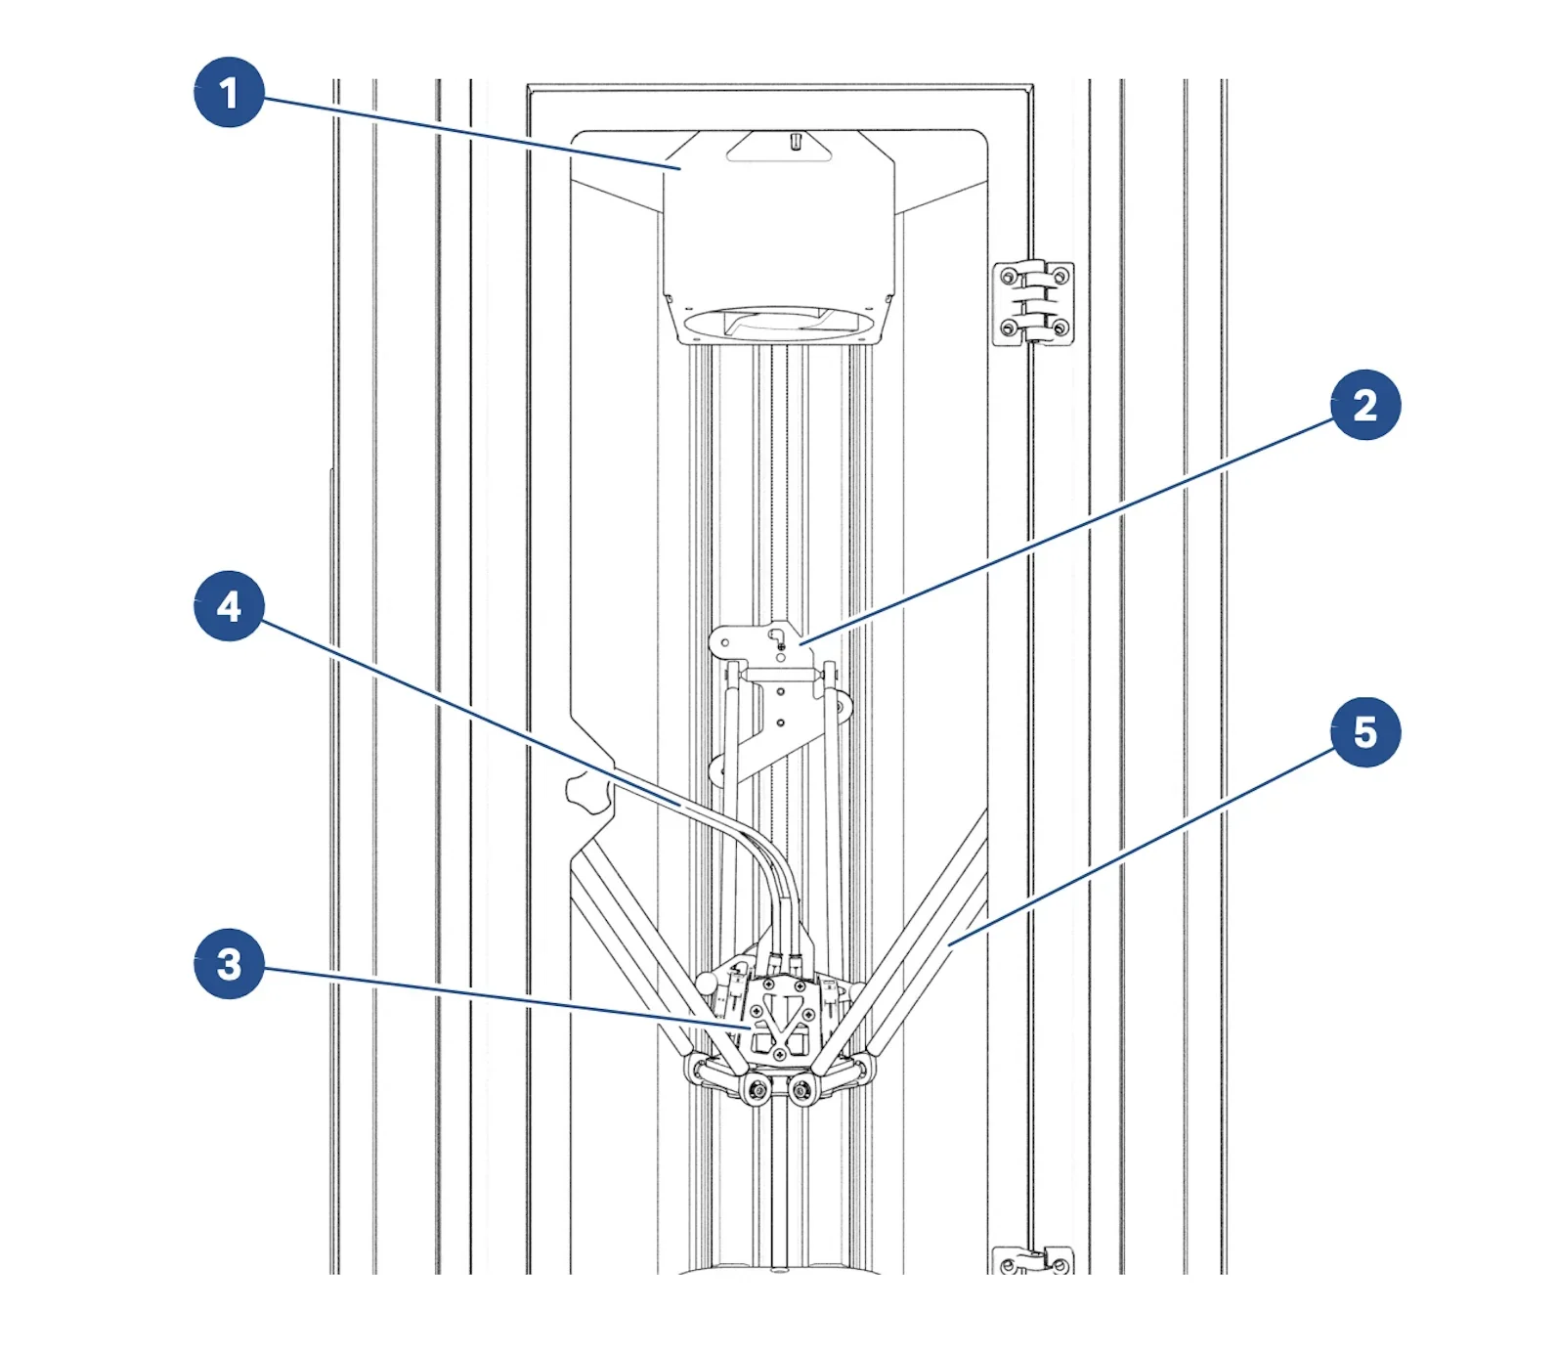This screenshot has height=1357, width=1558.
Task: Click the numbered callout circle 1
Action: click(229, 93)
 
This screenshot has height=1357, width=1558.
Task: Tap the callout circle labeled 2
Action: click(1365, 405)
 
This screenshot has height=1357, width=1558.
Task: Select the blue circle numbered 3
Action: click(229, 964)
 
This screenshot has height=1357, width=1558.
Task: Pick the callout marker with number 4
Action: click(229, 606)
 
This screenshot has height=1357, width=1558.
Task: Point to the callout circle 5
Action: click(1365, 732)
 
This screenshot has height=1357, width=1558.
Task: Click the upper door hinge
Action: click(1033, 303)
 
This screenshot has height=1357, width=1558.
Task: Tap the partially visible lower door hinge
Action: click(1033, 1260)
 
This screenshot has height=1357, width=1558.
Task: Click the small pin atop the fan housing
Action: click(796, 142)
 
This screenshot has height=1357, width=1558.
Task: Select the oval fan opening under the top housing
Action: click(779, 322)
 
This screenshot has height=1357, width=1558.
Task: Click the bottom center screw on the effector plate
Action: click(779, 1055)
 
